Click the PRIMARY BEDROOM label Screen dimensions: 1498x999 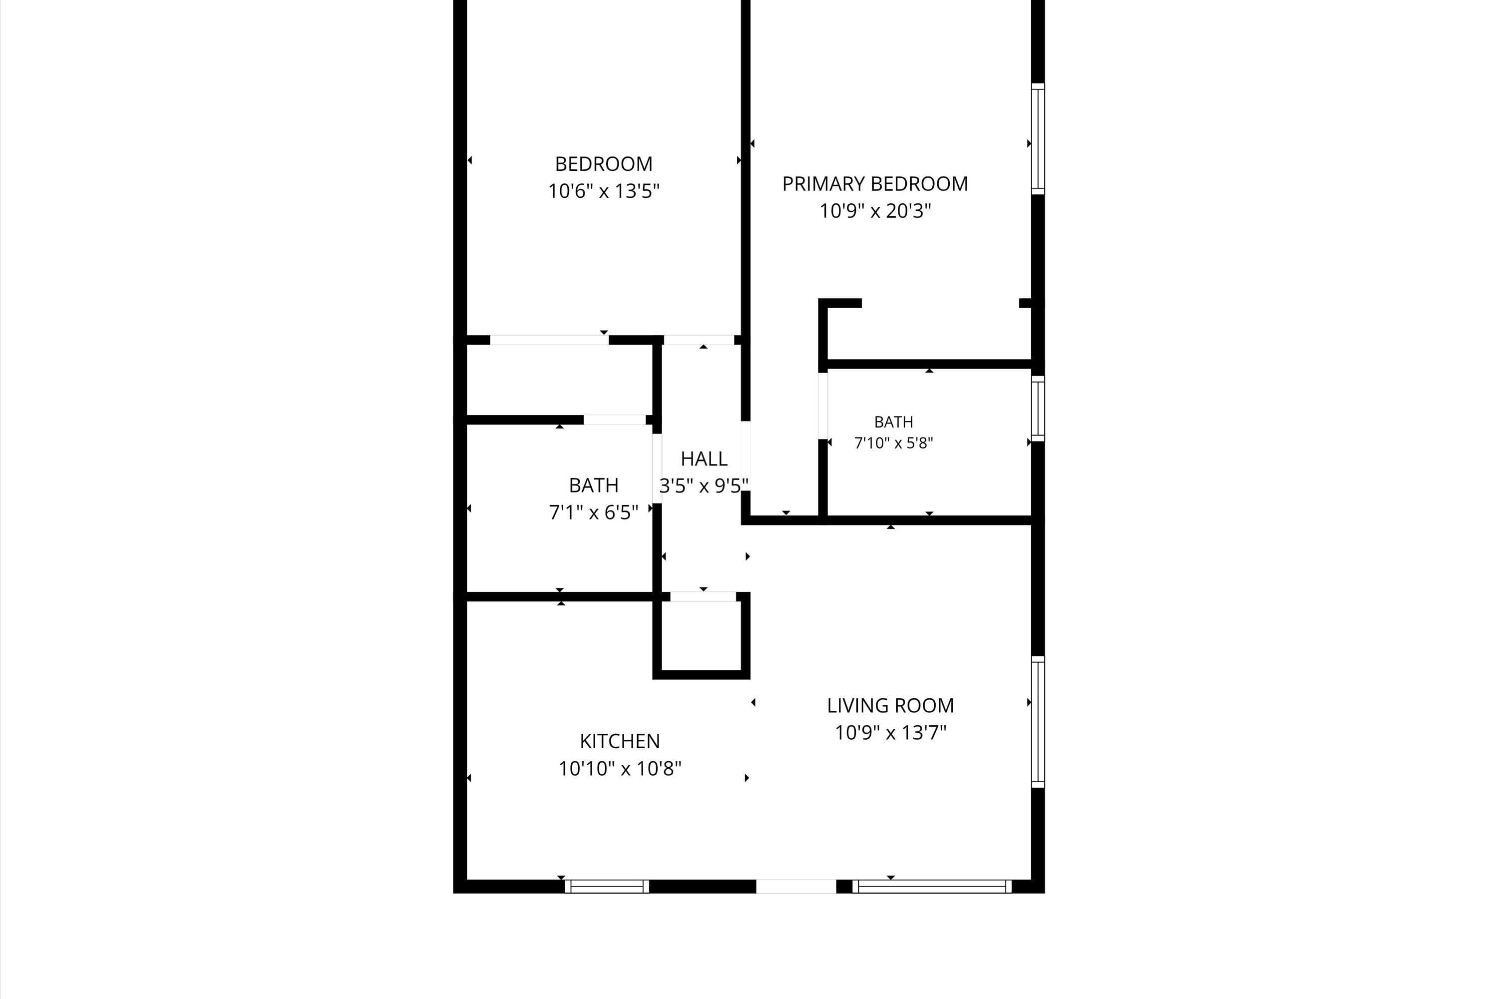pos(875,184)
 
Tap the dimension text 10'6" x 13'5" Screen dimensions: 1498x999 pos(604,191)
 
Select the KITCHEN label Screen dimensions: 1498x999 pos(620,741)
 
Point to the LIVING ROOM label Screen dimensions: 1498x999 pos(890,705)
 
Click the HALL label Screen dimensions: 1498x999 pos(704,459)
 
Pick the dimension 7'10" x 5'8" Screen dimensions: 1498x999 pos(894,443)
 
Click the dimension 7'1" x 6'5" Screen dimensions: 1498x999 pos(594,512)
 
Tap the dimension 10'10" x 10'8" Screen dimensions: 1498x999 pos(620,768)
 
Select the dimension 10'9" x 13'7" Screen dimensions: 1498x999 pos(890,733)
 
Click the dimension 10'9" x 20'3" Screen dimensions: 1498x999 pos(875,211)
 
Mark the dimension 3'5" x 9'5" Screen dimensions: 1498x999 pos(704,486)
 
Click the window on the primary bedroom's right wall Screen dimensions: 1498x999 pos(1038,139)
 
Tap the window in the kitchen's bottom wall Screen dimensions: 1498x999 pos(607,886)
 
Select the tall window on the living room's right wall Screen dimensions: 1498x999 pos(1038,722)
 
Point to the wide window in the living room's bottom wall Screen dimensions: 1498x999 pos(932,886)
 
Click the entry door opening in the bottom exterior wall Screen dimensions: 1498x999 pos(796,886)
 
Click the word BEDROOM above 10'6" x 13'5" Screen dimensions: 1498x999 pos(604,164)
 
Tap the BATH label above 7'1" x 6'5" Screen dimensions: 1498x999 pos(594,486)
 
